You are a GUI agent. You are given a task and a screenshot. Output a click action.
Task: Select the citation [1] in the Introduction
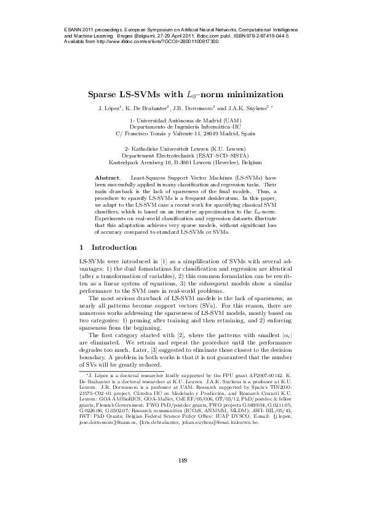[x=164, y=263]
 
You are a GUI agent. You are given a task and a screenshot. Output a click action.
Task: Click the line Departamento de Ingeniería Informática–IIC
[x=183, y=126]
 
